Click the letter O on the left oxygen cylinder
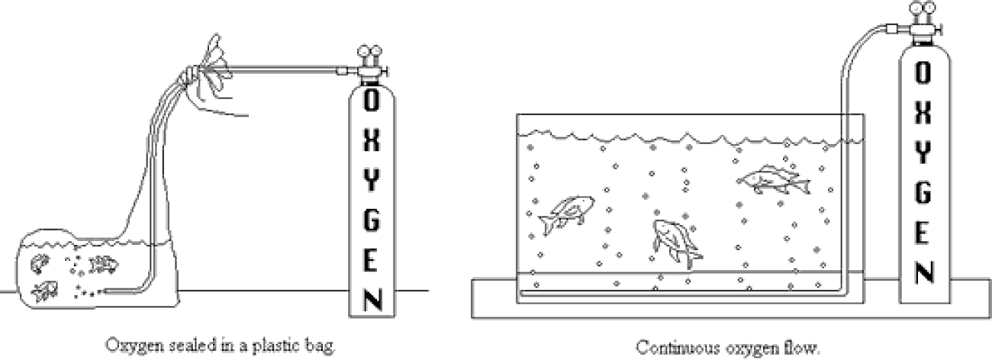pos(371,99)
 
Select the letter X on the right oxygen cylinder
pos(923,113)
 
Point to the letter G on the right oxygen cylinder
pos(923,194)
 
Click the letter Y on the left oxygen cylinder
pos(371,180)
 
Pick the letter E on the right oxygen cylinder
pos(923,233)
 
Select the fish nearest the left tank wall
pos(566,214)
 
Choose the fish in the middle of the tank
pos(674,240)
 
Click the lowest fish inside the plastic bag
pos(47,289)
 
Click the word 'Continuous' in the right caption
pos(669,349)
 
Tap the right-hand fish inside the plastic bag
pos(102,264)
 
